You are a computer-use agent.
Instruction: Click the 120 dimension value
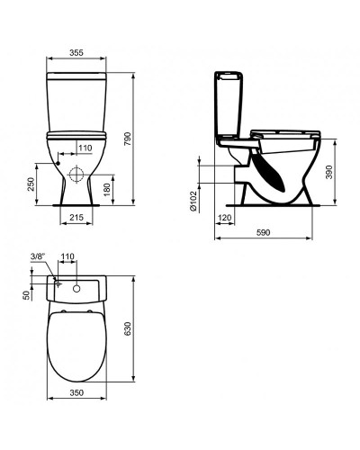point(224,220)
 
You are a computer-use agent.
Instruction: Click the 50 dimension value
point(27,294)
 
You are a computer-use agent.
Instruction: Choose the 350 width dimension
point(76,392)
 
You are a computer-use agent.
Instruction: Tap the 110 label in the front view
point(85,148)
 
